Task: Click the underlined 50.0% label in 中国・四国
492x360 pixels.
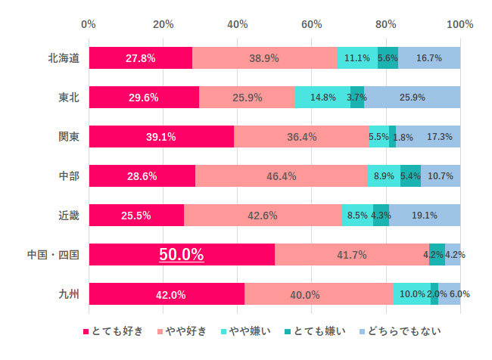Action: pyautogui.click(x=181, y=255)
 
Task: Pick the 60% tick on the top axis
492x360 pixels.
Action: pyautogui.click(x=312, y=24)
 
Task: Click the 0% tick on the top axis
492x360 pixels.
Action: pyautogui.click(x=89, y=24)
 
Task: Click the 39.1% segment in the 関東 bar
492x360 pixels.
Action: pyautogui.click(x=160, y=137)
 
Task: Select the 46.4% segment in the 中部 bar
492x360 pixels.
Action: pyautogui.click(x=281, y=176)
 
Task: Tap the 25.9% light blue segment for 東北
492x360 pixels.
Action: pyautogui.click(x=412, y=98)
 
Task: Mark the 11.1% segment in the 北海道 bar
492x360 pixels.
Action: pyautogui.click(x=357, y=58)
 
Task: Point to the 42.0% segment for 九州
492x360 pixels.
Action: pyautogui.click(x=167, y=294)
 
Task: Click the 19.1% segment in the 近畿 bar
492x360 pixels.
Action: pyautogui.click(x=425, y=216)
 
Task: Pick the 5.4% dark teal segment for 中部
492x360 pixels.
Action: pyautogui.click(x=410, y=176)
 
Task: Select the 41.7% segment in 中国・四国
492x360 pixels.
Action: pyautogui.click(x=352, y=255)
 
